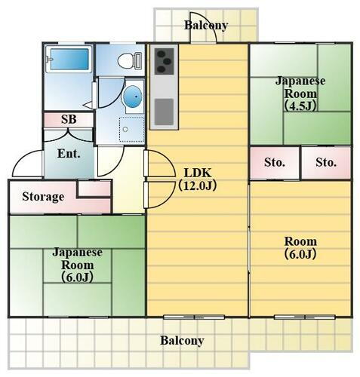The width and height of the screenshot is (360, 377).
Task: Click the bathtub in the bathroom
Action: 69,60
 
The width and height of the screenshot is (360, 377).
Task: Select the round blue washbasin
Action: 132,96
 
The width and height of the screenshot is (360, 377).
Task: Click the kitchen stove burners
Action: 165,61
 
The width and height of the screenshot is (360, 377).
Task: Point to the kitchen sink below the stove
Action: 165,112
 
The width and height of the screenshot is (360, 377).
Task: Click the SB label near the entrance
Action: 69,120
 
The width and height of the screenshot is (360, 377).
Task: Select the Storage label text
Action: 42,197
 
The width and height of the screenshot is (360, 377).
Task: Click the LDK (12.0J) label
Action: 198,176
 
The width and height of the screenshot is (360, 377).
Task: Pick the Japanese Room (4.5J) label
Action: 300,93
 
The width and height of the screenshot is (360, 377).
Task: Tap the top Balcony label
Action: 206,26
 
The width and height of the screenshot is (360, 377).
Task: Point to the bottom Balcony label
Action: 182,341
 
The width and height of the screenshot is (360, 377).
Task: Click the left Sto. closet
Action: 275,162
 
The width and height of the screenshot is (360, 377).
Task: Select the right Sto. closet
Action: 326,162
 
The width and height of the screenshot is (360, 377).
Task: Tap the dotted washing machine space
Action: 130,130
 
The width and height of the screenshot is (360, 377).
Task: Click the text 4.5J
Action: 300,106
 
